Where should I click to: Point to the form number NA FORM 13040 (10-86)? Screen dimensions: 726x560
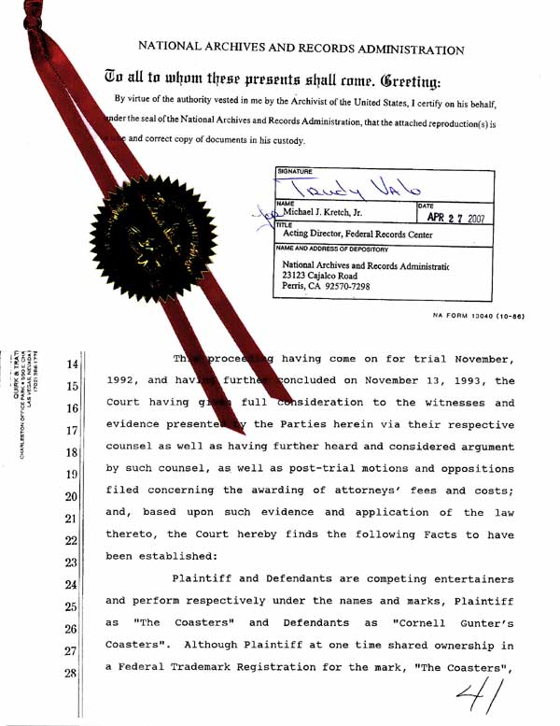(x=478, y=316)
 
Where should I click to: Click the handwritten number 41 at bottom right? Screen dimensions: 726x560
(x=476, y=690)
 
